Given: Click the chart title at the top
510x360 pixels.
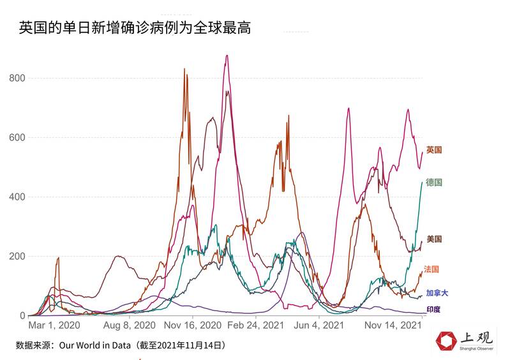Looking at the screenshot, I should (135, 27).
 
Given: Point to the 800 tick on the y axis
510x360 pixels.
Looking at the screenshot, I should (17, 78).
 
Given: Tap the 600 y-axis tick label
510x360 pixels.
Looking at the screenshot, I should (17, 137).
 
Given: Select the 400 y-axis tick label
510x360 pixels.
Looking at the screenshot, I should (17, 197).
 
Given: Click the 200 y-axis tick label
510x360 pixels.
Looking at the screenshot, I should (17, 256).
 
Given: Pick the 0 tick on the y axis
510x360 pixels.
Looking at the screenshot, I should (22, 315).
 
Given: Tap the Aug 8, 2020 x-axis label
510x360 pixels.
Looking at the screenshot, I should (130, 325).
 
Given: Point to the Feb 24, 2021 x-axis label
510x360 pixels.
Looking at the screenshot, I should (257, 325).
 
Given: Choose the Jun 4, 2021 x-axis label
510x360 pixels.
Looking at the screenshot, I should (317, 325).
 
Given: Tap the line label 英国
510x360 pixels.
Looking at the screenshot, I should (434, 150).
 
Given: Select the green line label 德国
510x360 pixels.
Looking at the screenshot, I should (434, 183).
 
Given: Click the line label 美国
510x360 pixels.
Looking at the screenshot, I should (434, 239).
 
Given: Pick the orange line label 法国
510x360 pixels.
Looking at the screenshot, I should (431, 269).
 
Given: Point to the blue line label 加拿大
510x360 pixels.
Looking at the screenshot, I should (437, 293).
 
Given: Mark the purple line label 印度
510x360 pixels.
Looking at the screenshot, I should (433, 310).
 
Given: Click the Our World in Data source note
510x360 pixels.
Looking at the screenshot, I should (121, 345).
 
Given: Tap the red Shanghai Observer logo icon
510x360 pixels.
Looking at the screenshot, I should (447, 341).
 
